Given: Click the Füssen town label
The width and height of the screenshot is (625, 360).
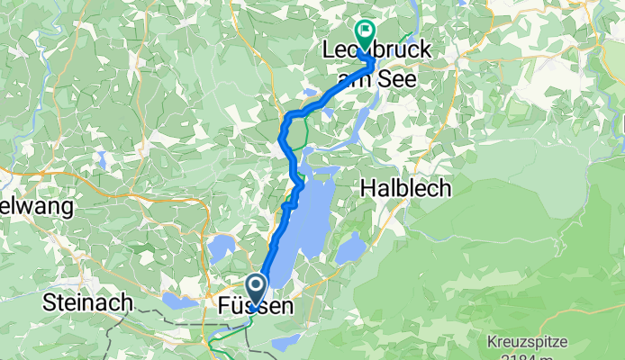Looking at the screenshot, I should tap(256, 307).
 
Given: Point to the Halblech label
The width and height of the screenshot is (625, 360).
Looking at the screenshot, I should tap(405, 187).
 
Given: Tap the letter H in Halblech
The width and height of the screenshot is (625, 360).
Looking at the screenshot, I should tap(367, 187).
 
